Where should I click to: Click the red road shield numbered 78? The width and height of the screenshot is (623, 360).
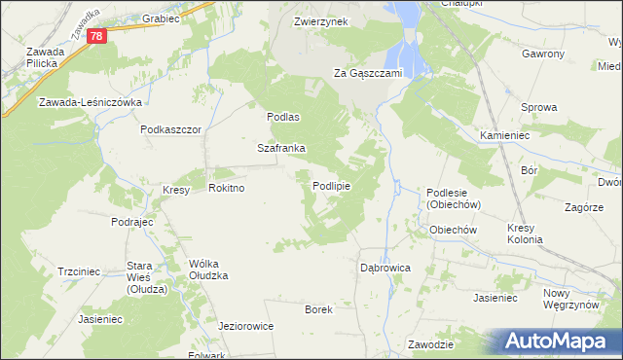tap(95, 36)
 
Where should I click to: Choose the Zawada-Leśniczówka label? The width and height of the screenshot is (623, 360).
tap(92, 102)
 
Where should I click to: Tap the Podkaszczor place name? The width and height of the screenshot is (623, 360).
tap(170, 129)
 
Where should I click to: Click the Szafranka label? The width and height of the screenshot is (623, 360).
tap(281, 149)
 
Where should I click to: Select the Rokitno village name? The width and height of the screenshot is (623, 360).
tap(226, 189)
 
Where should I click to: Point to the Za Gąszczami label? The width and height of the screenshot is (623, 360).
tap(368, 73)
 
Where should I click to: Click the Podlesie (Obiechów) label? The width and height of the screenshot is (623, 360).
tap(454, 199)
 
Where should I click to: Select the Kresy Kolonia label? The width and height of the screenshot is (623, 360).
tap(527, 234)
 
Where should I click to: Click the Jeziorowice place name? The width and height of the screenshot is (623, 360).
tap(243, 326)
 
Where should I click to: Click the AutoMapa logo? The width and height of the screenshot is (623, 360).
tap(561, 341)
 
